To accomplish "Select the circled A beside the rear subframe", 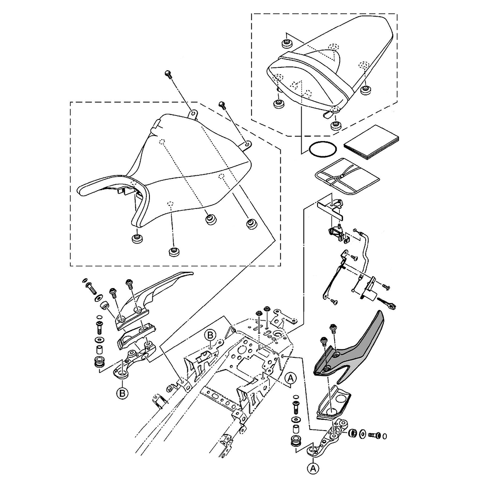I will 290,377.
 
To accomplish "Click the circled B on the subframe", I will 210,335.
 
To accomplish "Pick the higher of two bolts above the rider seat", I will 168,74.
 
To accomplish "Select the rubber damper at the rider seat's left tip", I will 136,239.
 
